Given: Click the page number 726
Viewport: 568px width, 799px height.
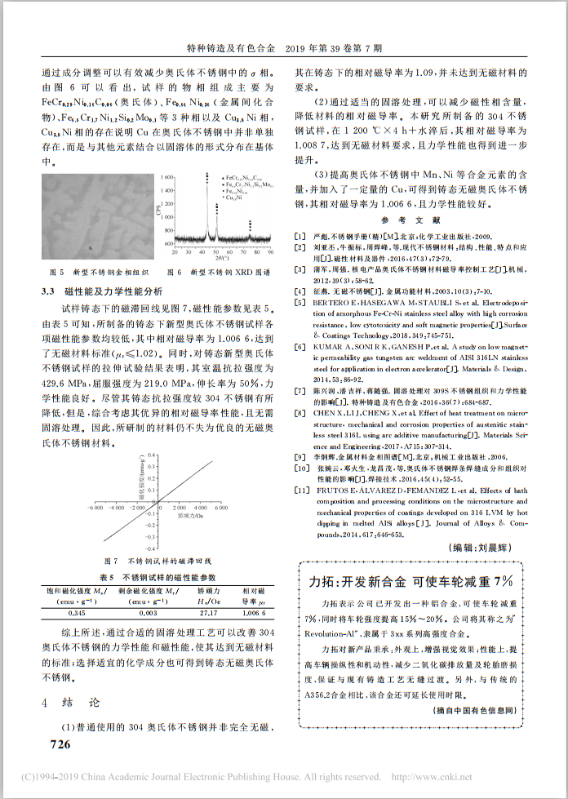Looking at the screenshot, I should pyautogui.click(x=61, y=744).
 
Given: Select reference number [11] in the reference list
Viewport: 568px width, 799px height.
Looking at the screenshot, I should pyautogui.click(x=301, y=490).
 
